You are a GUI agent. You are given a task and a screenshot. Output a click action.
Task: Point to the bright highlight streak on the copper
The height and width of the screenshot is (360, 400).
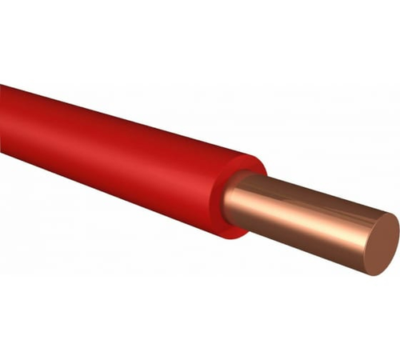coord(304,210)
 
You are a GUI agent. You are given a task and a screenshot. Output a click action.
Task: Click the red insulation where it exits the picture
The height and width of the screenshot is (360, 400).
coord(4,120)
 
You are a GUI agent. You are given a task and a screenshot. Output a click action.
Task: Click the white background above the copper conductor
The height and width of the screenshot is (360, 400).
coord(320,120)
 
